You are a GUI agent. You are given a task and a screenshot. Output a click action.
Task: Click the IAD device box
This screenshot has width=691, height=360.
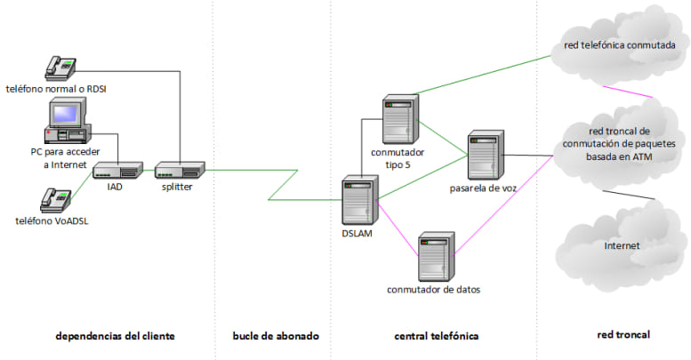pos(118,170)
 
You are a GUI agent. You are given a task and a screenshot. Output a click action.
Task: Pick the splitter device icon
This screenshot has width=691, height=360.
pos(181,169)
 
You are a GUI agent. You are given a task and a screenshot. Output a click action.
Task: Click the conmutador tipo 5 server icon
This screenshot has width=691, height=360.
pos(398,120)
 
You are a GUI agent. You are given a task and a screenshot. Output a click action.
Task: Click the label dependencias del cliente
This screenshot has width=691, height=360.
pos(115,336)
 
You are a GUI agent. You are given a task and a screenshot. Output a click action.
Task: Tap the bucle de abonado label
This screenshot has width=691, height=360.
pos(276,336)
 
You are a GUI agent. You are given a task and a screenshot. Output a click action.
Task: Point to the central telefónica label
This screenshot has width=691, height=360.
pos(436,336)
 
